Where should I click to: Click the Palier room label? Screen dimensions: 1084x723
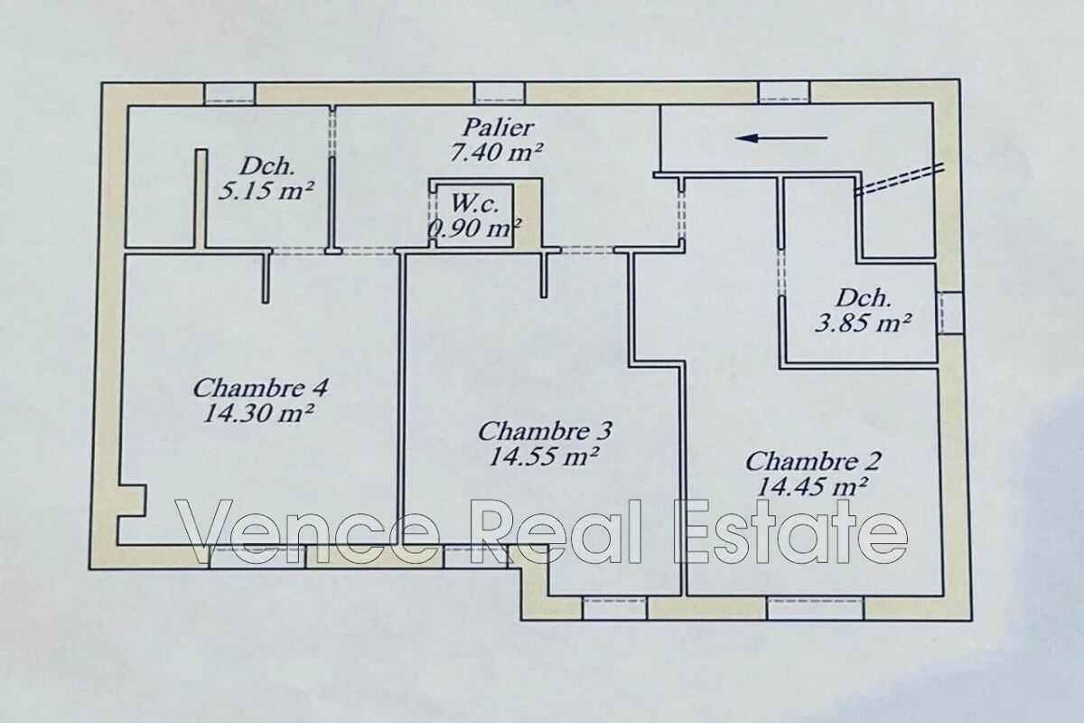(498, 127)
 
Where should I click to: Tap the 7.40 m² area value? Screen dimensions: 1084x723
(496, 152)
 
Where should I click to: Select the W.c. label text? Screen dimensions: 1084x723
(475, 204)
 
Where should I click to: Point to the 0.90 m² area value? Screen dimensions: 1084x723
(476, 228)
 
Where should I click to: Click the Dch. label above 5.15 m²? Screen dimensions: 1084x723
(267, 167)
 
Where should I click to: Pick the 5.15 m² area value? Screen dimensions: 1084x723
(266, 191)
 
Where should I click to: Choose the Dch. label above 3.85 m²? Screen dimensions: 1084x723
(864, 298)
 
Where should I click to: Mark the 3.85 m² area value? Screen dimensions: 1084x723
(863, 323)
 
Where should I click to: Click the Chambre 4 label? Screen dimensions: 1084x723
(260, 389)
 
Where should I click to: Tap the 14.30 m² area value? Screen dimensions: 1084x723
(259, 414)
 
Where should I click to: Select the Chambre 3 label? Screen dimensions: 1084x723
(545, 431)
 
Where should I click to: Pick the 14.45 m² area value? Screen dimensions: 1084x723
(811, 486)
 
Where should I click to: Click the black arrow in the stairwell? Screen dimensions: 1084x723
(781, 138)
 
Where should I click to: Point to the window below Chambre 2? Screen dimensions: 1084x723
(816, 608)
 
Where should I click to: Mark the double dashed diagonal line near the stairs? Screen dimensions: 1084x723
(899, 179)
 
